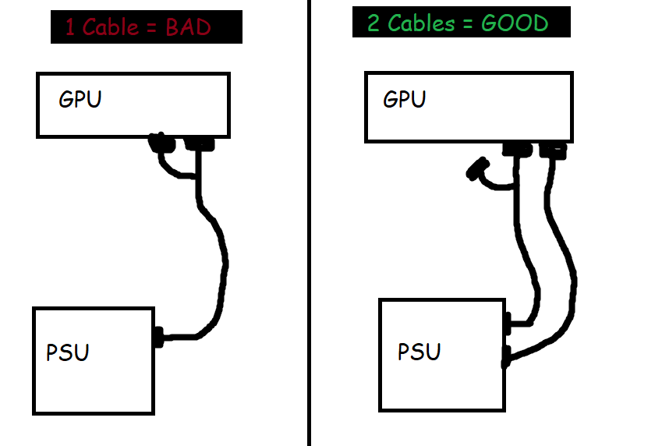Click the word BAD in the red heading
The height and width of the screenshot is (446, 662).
point(188,27)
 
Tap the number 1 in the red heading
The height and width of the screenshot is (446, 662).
point(70,27)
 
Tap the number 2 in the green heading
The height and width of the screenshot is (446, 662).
point(373,23)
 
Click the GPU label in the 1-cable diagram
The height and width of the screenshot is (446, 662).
point(80,100)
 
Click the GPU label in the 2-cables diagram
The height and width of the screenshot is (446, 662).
point(405,100)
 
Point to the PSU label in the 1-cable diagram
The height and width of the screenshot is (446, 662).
point(67,352)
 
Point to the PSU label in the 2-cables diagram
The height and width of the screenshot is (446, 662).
point(419,352)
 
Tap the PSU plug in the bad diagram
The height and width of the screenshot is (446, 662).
point(158,338)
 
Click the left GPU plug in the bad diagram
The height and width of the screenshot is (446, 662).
point(161,143)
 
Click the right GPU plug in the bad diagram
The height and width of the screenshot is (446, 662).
point(199,143)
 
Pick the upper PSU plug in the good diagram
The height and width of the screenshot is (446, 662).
point(508,319)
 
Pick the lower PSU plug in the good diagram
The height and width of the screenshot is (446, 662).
point(508,358)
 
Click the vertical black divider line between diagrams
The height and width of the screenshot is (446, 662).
point(310,234)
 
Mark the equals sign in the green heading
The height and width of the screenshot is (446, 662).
point(467,23)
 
